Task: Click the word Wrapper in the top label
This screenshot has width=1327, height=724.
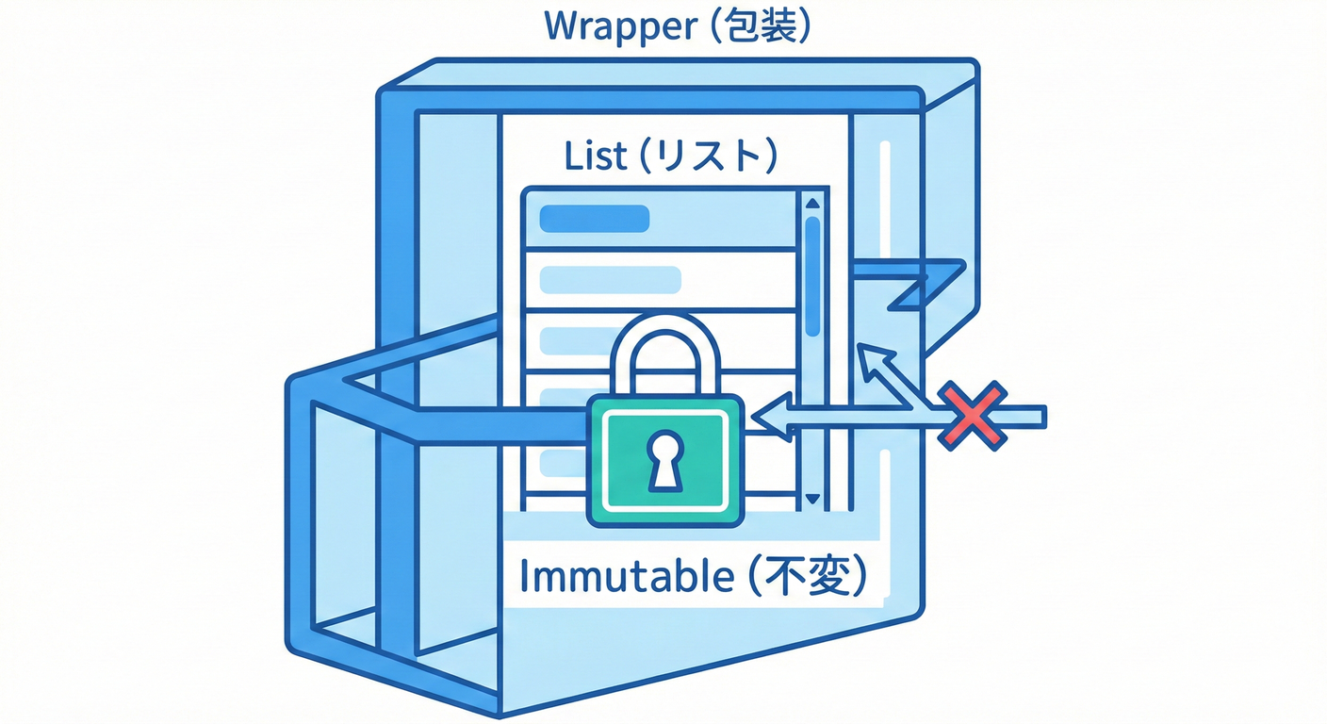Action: point(616,26)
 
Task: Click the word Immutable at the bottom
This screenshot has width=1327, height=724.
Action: point(627,576)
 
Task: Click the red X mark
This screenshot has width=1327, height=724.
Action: point(975,415)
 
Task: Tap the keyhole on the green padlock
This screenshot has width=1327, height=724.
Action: point(666,459)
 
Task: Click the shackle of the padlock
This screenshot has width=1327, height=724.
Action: point(666,354)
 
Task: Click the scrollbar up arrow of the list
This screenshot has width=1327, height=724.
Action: point(812,202)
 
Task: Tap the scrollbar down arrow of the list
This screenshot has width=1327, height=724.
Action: point(812,499)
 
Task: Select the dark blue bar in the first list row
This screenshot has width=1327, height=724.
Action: point(594,219)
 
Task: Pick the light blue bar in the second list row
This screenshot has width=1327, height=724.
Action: point(609,280)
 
